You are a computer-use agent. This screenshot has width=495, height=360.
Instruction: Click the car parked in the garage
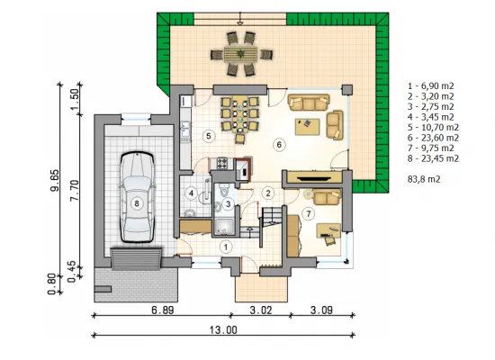(137, 197)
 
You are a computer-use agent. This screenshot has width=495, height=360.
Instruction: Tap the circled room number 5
(209, 136)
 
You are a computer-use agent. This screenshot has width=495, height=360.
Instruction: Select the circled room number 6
(279, 145)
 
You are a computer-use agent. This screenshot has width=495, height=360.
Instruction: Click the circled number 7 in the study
(309, 214)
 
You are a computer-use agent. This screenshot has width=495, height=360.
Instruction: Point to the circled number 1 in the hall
(226, 247)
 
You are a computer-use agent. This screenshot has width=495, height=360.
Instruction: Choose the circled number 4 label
(191, 193)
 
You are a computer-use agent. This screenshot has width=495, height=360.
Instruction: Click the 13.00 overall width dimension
(223, 330)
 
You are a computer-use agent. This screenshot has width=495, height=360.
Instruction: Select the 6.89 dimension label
(163, 310)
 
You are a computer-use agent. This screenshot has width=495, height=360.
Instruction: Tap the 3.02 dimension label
(261, 310)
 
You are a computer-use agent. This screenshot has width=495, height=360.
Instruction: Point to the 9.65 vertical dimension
(54, 181)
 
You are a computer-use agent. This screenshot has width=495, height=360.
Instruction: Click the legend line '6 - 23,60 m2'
(433, 138)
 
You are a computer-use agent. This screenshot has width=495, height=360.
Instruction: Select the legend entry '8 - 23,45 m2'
(433, 158)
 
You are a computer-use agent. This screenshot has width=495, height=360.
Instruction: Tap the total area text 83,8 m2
(424, 179)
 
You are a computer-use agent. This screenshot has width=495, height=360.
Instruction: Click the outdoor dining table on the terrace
(241, 54)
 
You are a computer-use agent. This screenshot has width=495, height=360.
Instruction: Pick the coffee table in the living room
(307, 126)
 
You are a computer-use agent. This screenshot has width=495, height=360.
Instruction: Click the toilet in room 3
(225, 192)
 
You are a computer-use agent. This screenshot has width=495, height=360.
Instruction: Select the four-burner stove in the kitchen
(222, 163)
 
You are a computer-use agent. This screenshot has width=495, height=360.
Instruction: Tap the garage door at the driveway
(136, 259)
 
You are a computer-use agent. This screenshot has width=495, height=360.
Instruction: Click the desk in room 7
(328, 230)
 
